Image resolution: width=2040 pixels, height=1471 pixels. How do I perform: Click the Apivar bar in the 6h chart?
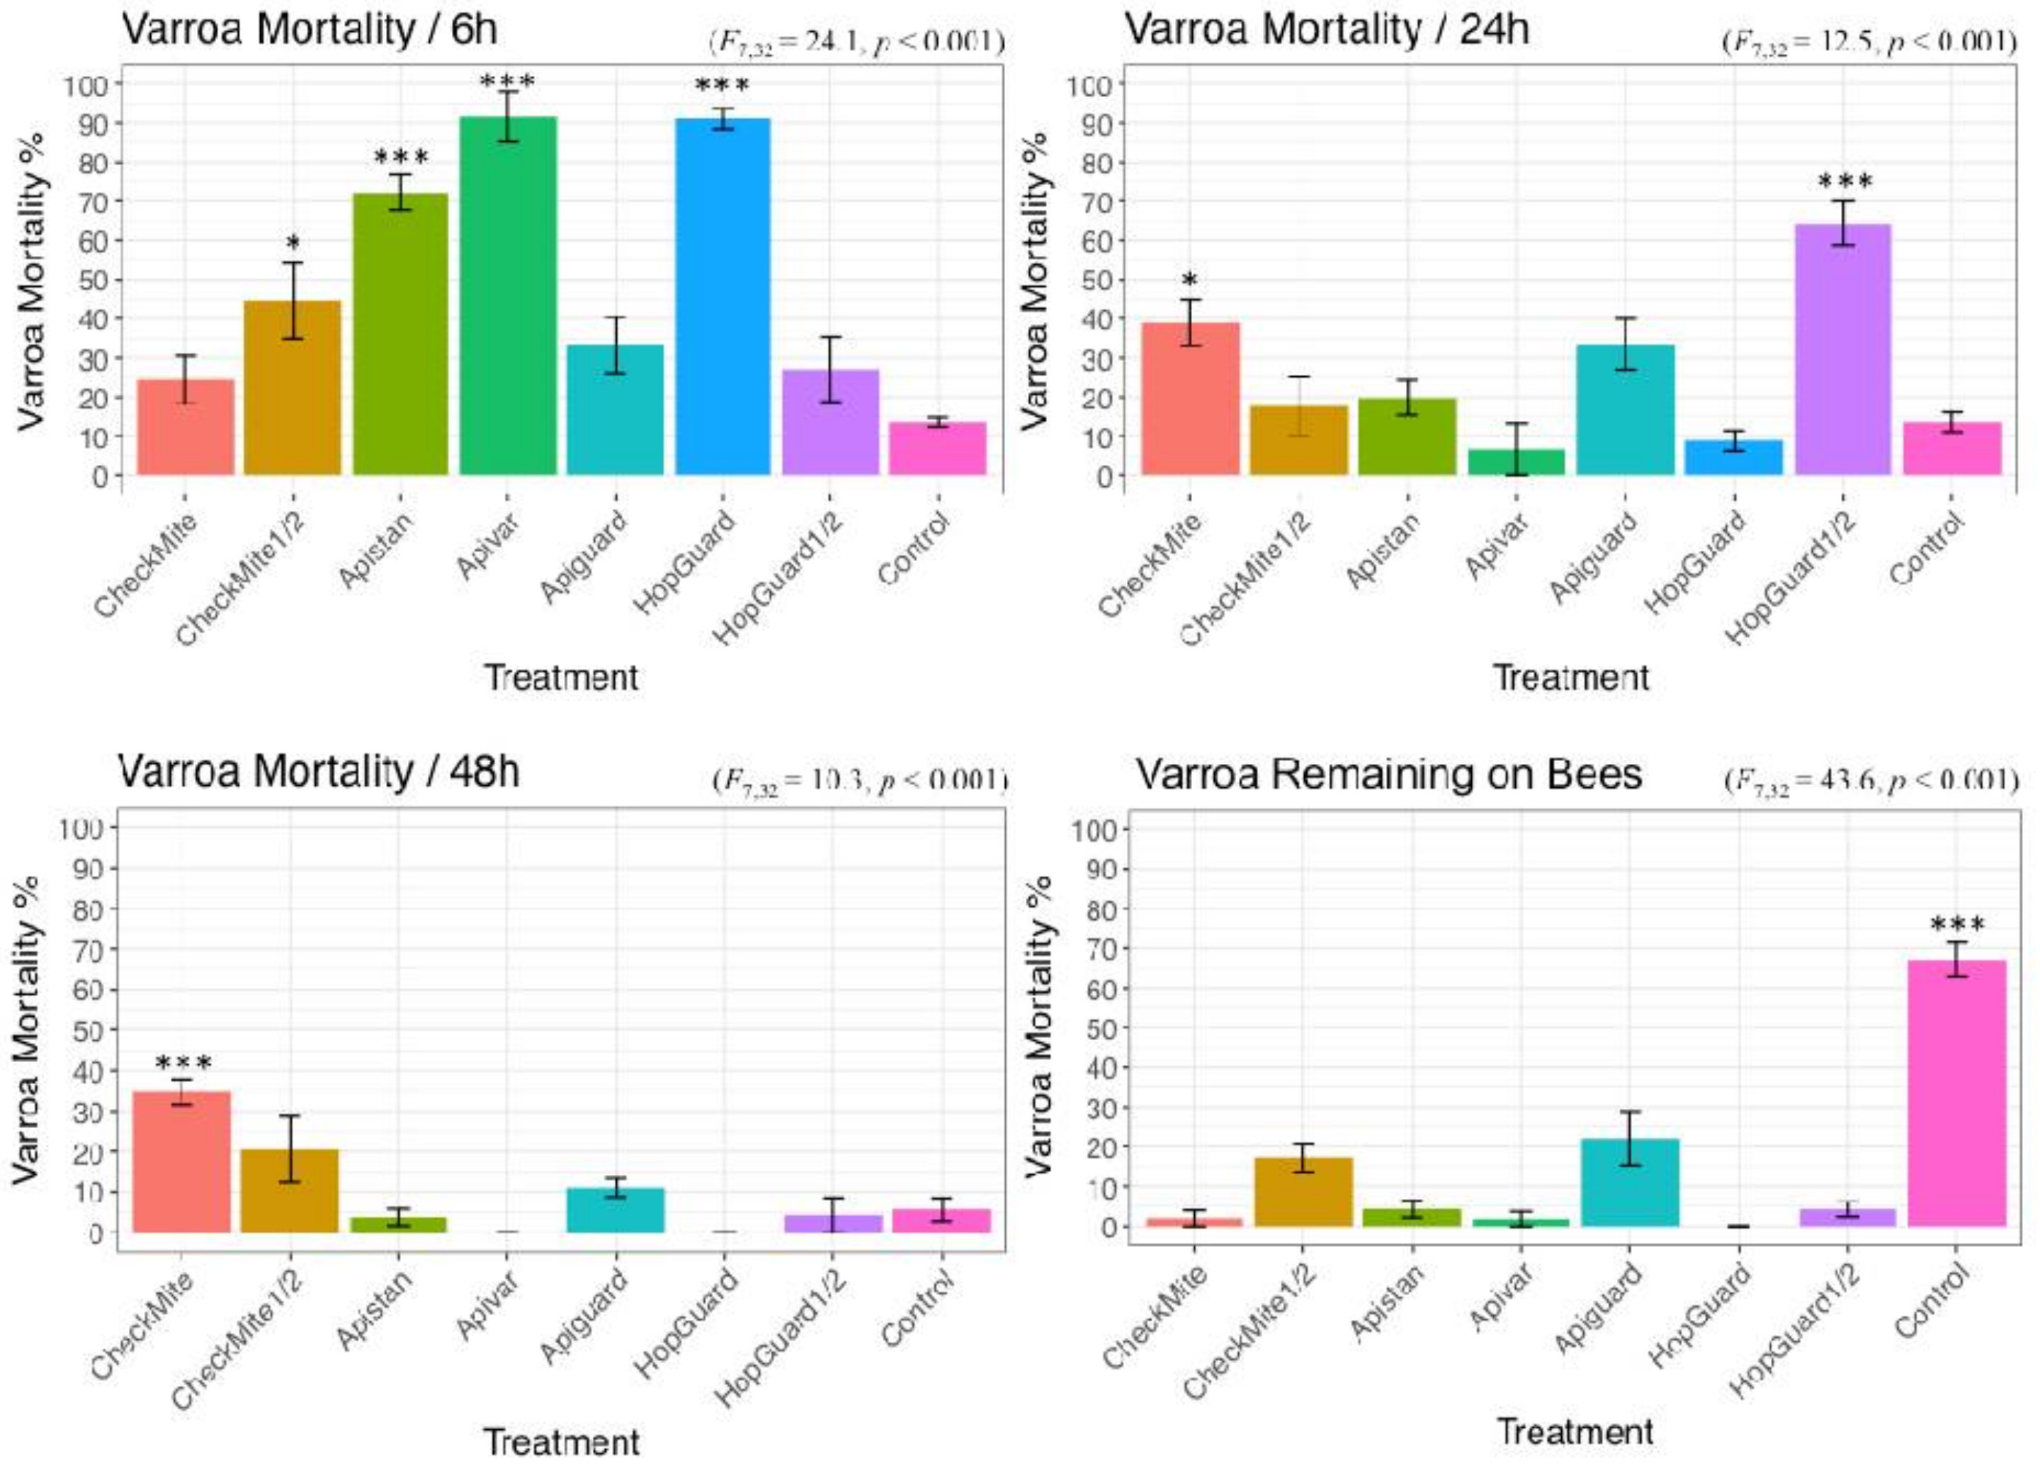click(507, 297)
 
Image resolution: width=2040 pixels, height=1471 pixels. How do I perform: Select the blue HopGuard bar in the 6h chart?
click(722, 297)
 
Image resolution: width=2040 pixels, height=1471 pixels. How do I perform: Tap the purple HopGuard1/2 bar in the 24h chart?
click(1842, 351)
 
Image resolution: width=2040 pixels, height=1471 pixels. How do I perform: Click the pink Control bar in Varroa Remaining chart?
click(1956, 1094)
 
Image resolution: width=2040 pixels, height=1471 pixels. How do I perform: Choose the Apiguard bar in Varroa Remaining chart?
click(1629, 1183)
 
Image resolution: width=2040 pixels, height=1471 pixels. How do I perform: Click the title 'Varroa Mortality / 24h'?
click(1327, 30)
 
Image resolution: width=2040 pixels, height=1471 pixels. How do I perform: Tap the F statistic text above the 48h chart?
click(860, 781)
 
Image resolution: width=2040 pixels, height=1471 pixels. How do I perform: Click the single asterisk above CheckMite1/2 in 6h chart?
click(293, 244)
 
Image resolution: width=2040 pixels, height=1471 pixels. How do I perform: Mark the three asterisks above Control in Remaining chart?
click(1957, 925)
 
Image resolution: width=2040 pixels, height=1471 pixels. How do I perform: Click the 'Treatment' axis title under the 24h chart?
click(1570, 677)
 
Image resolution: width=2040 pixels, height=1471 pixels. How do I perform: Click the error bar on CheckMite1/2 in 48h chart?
click(290, 1148)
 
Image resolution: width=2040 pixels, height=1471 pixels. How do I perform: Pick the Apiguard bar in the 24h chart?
click(1626, 410)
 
